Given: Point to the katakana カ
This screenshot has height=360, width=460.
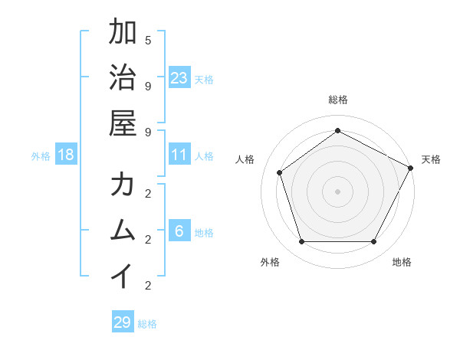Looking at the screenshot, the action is tap(123, 185).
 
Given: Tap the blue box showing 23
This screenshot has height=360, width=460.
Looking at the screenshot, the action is tap(179, 77).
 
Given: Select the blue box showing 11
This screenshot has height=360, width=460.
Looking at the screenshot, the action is tap(179, 155).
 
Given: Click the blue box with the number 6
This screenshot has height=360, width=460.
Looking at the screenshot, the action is tap(179, 231).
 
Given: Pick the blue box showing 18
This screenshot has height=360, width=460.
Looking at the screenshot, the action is tap(66, 155).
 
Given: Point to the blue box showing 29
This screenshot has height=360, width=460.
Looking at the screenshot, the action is tap(122, 322).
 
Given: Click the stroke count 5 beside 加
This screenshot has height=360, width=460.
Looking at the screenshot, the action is tap(148, 40).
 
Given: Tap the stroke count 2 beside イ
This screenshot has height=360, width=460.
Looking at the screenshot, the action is tap(148, 286).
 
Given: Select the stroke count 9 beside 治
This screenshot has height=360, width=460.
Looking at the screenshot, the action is tap(148, 86).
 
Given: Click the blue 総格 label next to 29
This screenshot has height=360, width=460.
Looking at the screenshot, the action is tap(147, 324).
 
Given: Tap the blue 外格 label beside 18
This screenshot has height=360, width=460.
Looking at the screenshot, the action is tap(41, 156).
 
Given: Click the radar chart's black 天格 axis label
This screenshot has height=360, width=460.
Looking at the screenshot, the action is tap(431, 159).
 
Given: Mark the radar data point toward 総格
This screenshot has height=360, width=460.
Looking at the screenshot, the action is tap(337, 130).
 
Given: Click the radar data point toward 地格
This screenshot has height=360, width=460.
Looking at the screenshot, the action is tap(373, 241).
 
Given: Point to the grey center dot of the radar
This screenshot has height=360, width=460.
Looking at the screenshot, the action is tap(337, 191).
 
